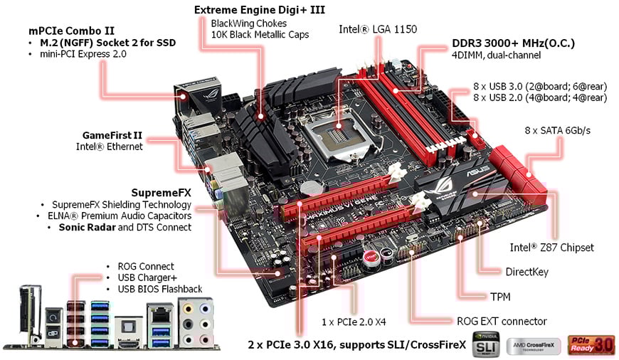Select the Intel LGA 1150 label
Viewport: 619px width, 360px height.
click(378, 29)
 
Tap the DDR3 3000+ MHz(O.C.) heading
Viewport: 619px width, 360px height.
click(513, 43)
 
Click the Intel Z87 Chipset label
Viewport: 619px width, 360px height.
click(551, 248)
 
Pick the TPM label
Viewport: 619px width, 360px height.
click(499, 296)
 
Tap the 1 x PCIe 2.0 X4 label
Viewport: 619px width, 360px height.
click(354, 322)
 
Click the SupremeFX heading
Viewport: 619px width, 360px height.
click(162, 192)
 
